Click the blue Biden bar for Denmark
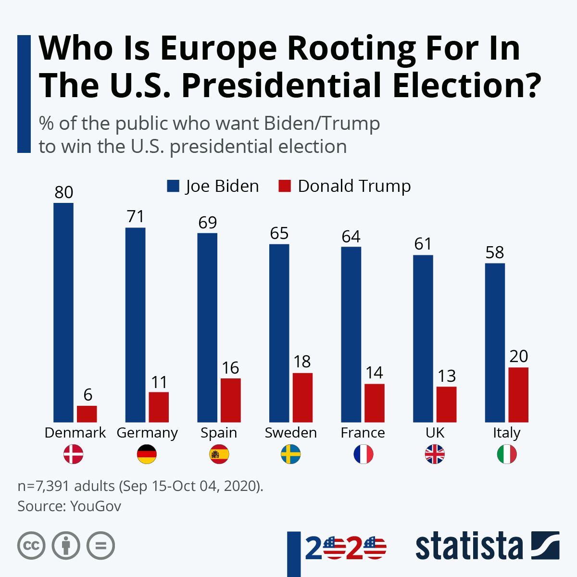pyautogui.click(x=63, y=313)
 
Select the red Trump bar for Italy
pyautogui.click(x=518, y=395)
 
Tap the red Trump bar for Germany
pyautogui.click(x=159, y=407)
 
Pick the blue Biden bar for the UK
pyautogui.click(x=423, y=339)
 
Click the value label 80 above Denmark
pyautogui.click(x=63, y=192)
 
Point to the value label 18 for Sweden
pyautogui.click(x=302, y=362)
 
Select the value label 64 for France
pyautogui.click(x=351, y=237)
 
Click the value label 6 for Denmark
pyautogui.click(x=88, y=395)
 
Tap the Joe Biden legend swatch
pyautogui.click(x=173, y=186)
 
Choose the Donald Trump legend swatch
pyautogui.click(x=285, y=186)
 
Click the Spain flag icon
pyautogui.click(x=219, y=454)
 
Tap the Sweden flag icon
pyautogui.click(x=290, y=454)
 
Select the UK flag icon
pyautogui.click(x=435, y=454)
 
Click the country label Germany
pyautogui.click(x=147, y=433)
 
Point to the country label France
pyautogui.click(x=363, y=433)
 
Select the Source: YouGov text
pyautogui.click(x=69, y=506)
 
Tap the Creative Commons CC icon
pyautogui.click(x=31, y=546)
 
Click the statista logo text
pyautogui.click(x=469, y=546)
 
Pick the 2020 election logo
pyautogui.click(x=345, y=548)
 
